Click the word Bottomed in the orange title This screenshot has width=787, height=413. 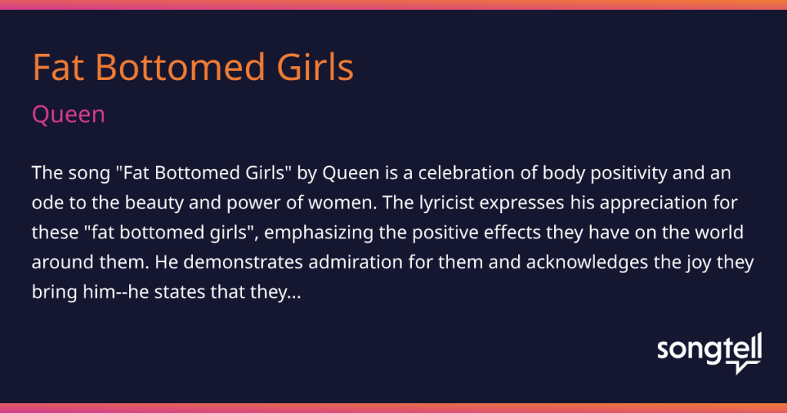(x=180, y=67)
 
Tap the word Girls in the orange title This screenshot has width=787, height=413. (x=315, y=67)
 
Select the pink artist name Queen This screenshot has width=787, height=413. (x=68, y=115)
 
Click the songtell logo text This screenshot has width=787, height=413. (x=709, y=348)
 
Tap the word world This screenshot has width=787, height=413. (x=719, y=232)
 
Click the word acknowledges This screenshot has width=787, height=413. (x=586, y=262)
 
